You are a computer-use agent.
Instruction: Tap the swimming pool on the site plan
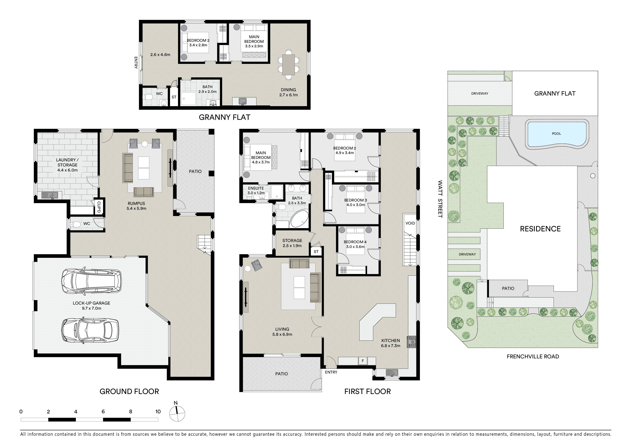[556, 134]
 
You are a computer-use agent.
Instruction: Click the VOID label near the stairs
[410, 223]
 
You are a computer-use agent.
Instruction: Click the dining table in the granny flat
[288, 65]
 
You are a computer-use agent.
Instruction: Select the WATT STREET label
[440, 199]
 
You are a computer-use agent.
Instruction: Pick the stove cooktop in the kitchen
[412, 342]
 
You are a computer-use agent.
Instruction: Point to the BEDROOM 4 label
[355, 242]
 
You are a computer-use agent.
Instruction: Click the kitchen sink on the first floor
[392, 373]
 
